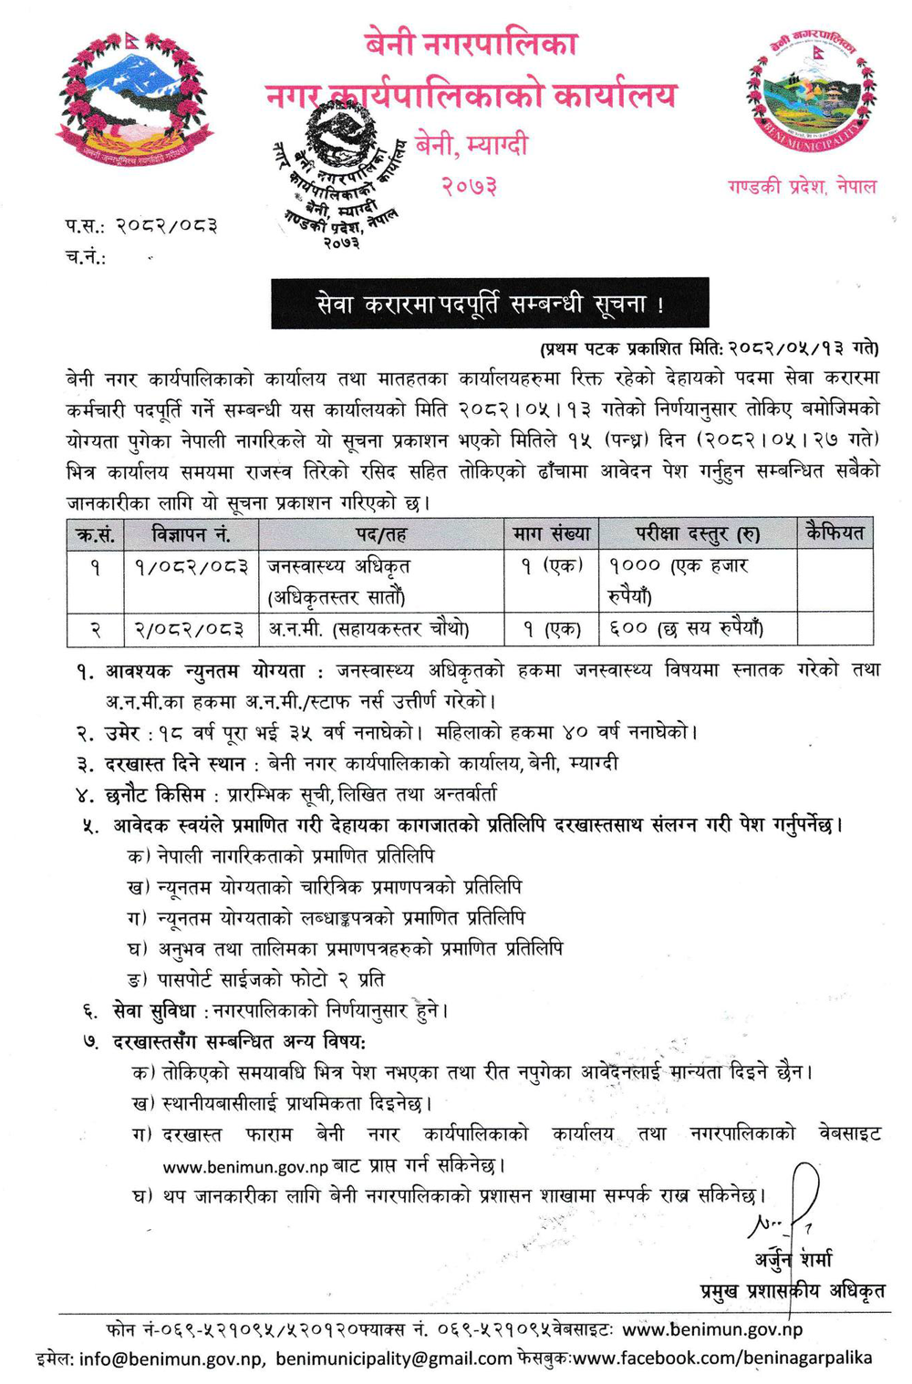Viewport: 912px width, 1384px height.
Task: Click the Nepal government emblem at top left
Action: pos(136,100)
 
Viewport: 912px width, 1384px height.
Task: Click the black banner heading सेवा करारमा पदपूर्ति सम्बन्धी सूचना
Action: pos(490,304)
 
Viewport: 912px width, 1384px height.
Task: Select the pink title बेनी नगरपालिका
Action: pos(471,44)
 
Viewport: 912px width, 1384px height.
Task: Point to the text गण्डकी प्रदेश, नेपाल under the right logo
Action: pos(802,187)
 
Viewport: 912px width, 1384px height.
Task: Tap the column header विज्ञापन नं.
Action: pos(191,533)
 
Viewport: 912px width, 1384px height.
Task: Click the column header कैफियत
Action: pos(834,532)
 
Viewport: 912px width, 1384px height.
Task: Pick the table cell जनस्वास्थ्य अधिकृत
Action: pos(338,566)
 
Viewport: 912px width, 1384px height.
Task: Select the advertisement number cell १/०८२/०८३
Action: pos(191,566)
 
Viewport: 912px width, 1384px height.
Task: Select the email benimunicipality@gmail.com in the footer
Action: pos(393,1358)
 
